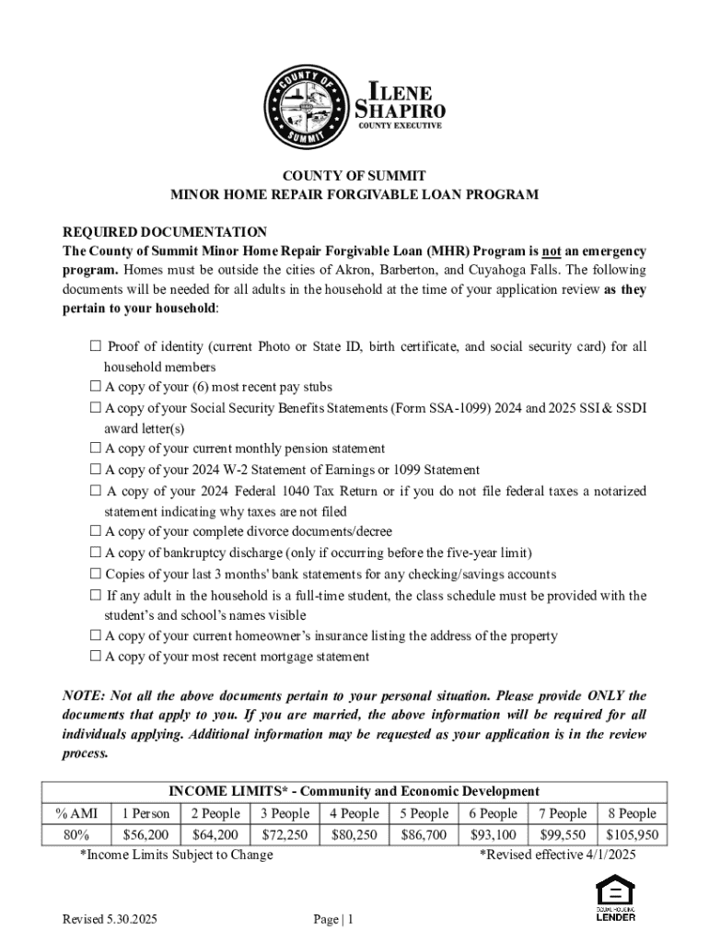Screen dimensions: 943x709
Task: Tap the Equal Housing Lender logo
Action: pos(615,898)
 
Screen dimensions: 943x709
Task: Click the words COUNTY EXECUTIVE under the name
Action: pos(400,125)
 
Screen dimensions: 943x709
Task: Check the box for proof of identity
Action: pos(95,347)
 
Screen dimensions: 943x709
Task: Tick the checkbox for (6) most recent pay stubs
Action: pos(95,387)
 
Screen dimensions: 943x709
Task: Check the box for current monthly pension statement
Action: pos(95,448)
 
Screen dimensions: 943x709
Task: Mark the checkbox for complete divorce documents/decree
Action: pos(95,531)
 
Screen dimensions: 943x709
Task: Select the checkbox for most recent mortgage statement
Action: pos(95,657)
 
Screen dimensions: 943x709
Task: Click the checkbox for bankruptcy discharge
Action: pos(95,553)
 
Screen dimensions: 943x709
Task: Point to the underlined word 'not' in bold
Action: pos(551,251)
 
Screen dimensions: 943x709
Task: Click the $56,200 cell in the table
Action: pos(145,835)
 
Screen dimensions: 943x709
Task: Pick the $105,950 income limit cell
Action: pos(633,835)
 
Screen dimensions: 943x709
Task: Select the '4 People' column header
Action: pos(354,813)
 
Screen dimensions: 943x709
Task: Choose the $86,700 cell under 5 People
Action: pos(424,835)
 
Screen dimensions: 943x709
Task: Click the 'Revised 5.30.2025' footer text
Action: pos(110,919)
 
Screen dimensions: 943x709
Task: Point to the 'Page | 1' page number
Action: pos(333,919)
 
